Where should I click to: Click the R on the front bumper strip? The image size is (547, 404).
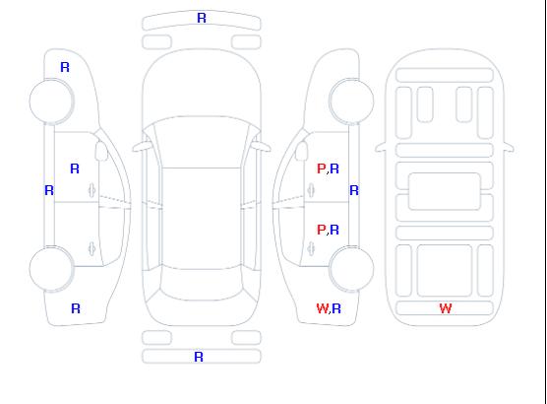click(202, 18)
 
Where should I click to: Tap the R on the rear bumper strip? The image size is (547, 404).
click(199, 357)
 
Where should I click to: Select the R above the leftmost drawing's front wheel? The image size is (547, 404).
click(65, 67)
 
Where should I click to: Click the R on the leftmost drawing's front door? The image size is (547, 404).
click(75, 168)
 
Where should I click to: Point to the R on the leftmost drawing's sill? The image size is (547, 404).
click(49, 190)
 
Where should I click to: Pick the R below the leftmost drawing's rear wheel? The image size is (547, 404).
click(76, 308)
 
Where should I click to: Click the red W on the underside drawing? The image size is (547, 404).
click(446, 308)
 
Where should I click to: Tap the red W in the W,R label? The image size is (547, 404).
click(323, 308)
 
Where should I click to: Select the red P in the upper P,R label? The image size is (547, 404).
click(322, 168)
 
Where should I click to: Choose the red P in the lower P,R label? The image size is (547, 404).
click(322, 230)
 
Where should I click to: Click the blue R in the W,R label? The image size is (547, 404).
click(336, 308)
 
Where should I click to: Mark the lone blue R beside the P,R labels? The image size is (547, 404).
click(354, 190)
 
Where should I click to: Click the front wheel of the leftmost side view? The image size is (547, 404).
click(51, 101)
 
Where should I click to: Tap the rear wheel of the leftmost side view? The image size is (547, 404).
click(51, 269)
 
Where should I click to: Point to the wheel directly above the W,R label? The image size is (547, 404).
click(351, 269)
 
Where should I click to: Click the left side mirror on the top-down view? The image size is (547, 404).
click(142, 147)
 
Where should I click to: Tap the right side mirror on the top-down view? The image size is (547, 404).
click(262, 147)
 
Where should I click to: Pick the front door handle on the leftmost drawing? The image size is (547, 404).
click(91, 190)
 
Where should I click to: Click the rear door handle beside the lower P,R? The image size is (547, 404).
click(311, 248)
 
